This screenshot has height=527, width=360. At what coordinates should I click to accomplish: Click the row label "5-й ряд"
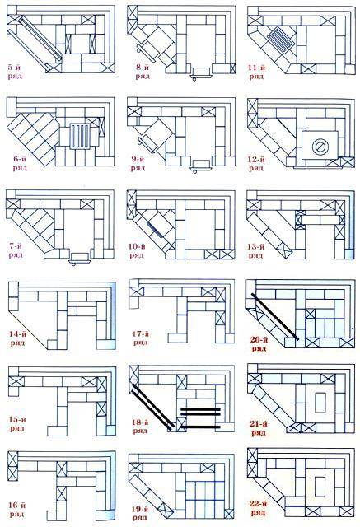tap(15, 72)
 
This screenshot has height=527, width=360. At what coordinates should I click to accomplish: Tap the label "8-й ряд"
tap(143, 72)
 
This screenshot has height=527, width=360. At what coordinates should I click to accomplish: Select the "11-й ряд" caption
tap(256, 72)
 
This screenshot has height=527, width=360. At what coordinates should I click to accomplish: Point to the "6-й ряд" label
tap(20, 163)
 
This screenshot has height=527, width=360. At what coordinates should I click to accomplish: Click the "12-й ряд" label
tap(256, 163)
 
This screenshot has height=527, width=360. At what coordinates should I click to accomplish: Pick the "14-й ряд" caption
tap(17, 338)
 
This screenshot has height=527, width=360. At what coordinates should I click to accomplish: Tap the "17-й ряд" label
tap(141, 338)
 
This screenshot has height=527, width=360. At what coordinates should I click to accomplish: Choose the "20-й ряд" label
tap(259, 344)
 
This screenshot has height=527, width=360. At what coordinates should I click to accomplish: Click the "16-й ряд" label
tap(17, 510)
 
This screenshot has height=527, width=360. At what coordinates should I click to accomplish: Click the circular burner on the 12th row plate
tap(320, 147)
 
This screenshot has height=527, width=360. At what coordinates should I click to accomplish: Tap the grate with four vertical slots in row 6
tap(80, 136)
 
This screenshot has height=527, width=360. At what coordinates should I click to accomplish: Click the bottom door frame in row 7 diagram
tap(80, 258)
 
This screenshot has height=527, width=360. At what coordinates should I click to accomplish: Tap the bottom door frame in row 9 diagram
tap(201, 165)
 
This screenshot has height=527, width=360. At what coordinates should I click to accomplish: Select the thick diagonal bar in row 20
tap(274, 316)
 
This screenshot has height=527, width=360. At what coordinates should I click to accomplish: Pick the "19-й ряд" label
tap(139, 514)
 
